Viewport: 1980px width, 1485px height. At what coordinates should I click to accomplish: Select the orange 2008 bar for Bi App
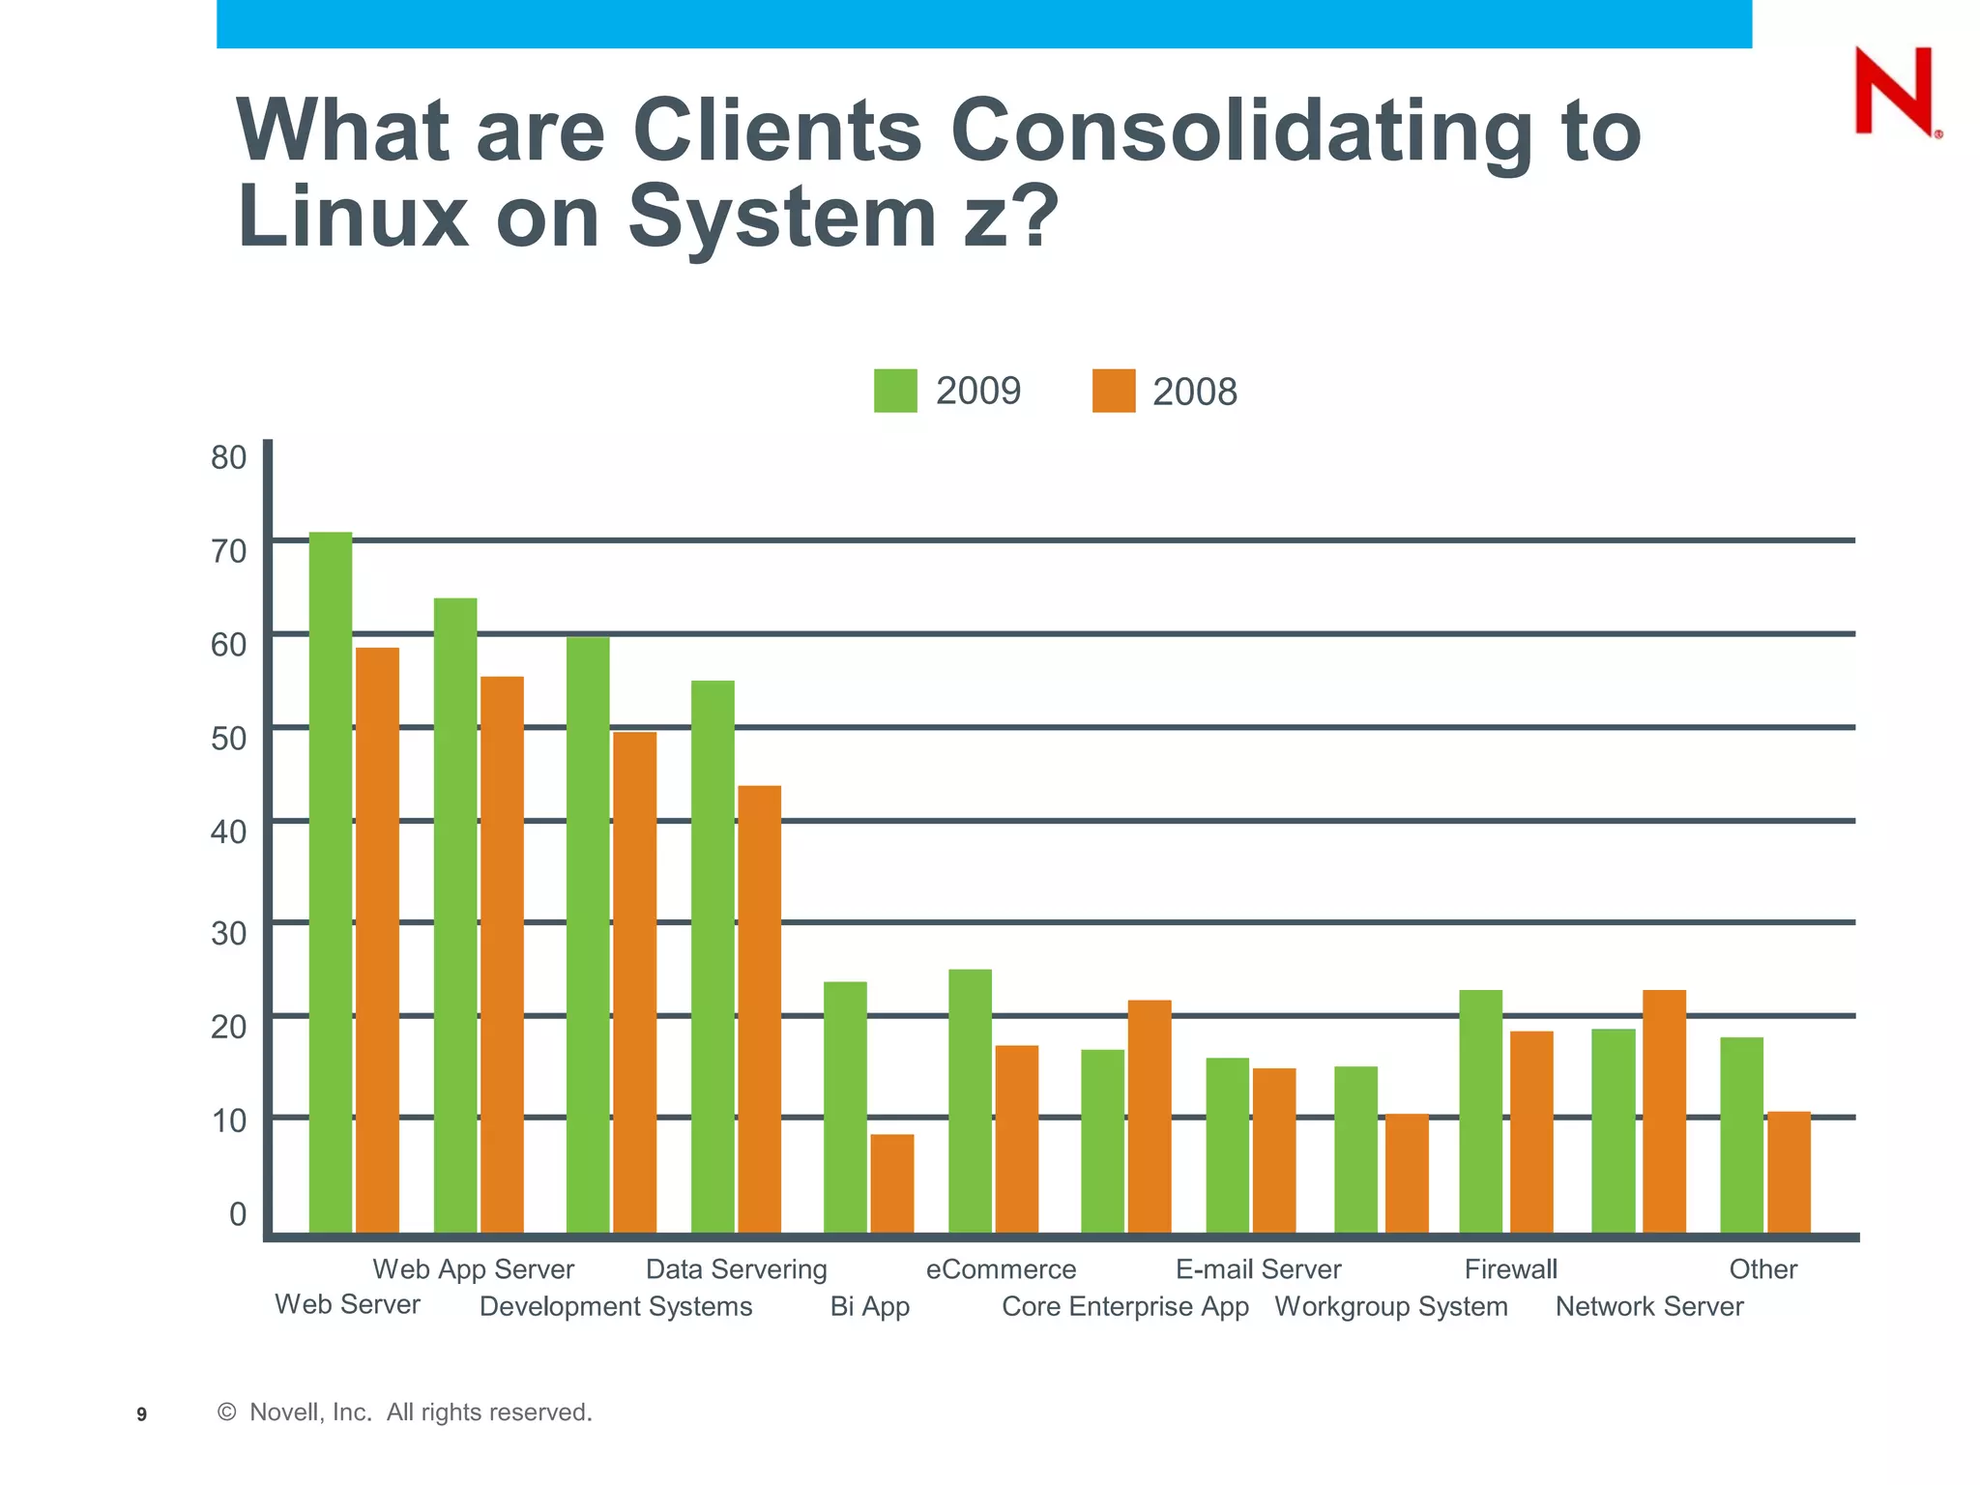[x=891, y=1183]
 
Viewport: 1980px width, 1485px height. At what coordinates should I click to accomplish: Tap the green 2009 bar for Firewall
[x=1480, y=1111]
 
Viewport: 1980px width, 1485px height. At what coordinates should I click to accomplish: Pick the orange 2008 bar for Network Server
[x=1664, y=1111]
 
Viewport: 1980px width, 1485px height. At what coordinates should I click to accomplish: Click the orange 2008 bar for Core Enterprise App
[x=1150, y=1116]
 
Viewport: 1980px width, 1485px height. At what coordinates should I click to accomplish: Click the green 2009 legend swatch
[x=895, y=392]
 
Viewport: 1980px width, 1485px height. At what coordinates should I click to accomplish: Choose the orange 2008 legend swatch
[x=1114, y=392]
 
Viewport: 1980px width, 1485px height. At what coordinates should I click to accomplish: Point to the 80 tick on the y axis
[x=229, y=457]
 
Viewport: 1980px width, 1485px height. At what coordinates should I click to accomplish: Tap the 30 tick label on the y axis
[x=229, y=933]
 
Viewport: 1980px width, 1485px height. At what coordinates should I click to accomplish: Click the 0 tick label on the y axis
[x=238, y=1213]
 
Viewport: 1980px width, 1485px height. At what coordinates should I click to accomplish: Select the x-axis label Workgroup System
[x=1391, y=1307]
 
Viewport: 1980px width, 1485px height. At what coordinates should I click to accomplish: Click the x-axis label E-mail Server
[x=1258, y=1269]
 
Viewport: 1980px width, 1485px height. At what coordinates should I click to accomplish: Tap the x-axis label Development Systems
[x=616, y=1307]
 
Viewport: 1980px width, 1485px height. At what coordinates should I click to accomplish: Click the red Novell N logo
[x=1895, y=91]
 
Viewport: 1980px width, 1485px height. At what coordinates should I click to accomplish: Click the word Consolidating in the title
[x=1241, y=131]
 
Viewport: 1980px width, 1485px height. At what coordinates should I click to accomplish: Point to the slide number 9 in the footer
[x=142, y=1414]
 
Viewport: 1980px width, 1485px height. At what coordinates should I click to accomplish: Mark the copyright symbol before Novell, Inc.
[x=227, y=1412]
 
